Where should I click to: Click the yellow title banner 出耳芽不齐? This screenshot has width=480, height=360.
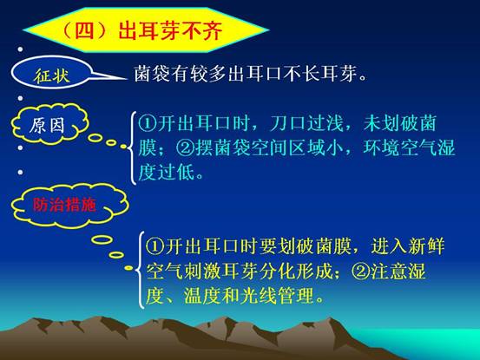pyautogui.click(x=146, y=30)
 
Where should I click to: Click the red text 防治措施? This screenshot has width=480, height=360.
pyautogui.click(x=64, y=205)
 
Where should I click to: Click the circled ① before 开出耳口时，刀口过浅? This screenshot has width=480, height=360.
pyautogui.click(x=147, y=123)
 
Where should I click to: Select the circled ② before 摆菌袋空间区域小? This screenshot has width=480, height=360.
pyautogui.click(x=185, y=148)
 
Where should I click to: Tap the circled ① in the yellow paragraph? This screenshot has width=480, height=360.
pyautogui.click(x=155, y=246)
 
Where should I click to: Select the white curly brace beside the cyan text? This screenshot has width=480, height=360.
pyautogui.click(x=132, y=148)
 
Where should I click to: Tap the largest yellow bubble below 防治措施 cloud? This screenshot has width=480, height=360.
pyautogui.click(x=102, y=239)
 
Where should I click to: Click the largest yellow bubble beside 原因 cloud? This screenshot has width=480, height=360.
pyautogui.click(x=95, y=138)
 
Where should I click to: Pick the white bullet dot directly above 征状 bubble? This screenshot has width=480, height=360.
pyautogui.click(x=20, y=49)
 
